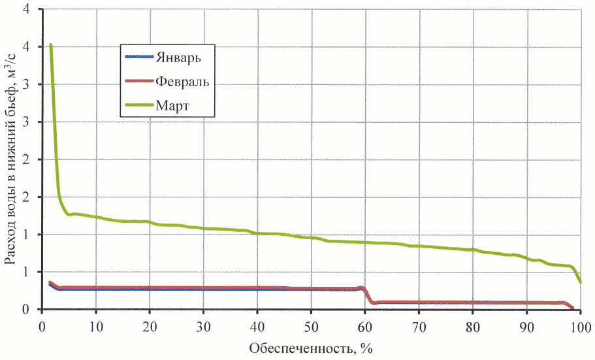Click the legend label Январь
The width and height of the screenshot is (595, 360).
[x=177, y=56]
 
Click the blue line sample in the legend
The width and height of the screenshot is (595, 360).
[x=138, y=56]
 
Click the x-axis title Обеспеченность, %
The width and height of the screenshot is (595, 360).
[x=310, y=348]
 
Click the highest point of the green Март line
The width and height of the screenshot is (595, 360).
[x=50, y=44]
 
